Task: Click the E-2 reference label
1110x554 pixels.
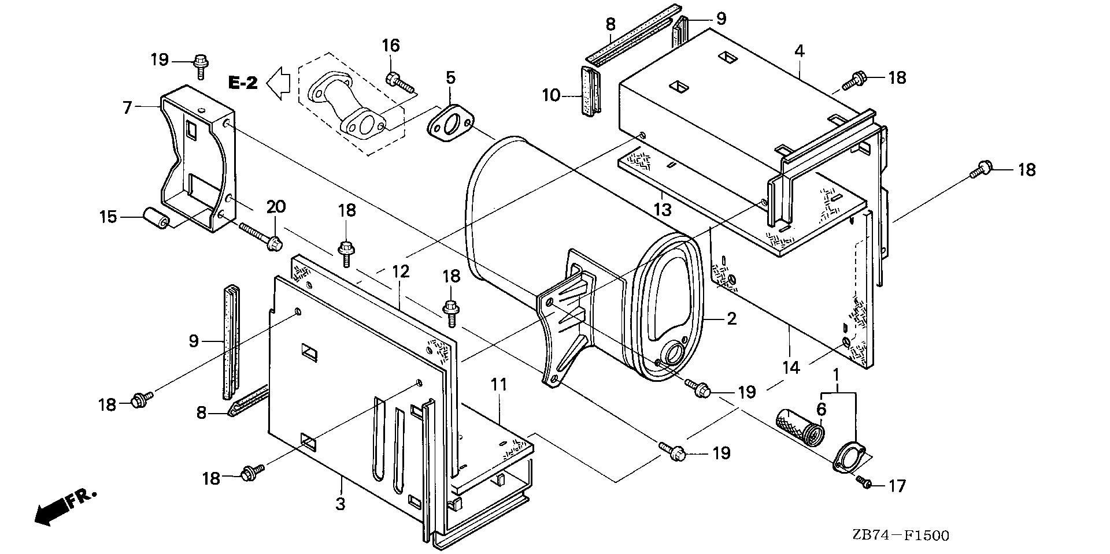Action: pyautogui.click(x=243, y=83)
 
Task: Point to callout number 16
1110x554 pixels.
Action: pyautogui.click(x=391, y=46)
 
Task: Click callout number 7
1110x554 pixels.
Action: pyautogui.click(x=128, y=106)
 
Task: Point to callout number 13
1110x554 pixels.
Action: pyautogui.click(x=663, y=209)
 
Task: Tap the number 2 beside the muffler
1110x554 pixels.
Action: pyautogui.click(x=731, y=318)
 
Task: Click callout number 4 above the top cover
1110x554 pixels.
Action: pyautogui.click(x=799, y=51)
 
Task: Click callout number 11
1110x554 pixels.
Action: pyautogui.click(x=499, y=384)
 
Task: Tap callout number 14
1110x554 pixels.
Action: pyautogui.click(x=791, y=367)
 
